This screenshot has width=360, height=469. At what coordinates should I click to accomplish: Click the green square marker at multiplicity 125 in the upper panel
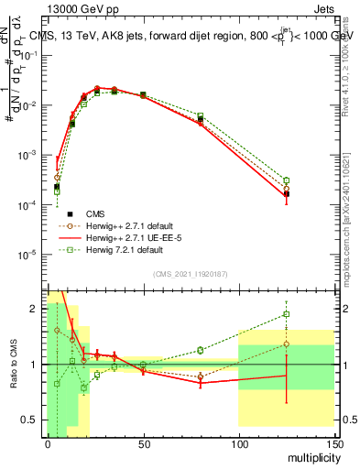(x=287, y=180)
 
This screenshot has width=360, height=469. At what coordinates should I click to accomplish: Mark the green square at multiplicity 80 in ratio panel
(x=201, y=350)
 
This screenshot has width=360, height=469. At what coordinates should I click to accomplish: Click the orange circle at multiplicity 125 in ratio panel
(x=287, y=344)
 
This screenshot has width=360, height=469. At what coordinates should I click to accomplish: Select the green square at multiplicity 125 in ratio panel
(x=287, y=314)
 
